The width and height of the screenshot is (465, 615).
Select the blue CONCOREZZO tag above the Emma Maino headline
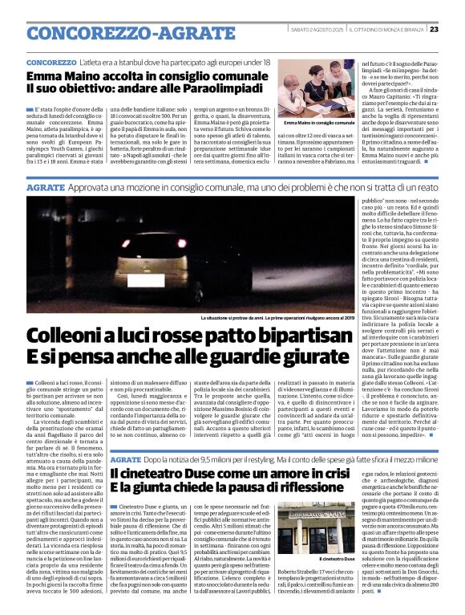[x=51, y=62]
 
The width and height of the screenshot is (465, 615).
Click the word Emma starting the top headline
[x=46, y=74]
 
